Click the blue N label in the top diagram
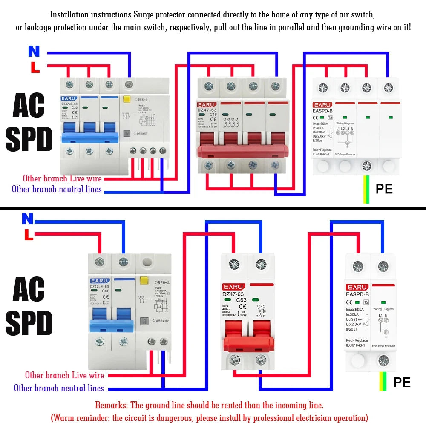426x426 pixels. tap(34, 52)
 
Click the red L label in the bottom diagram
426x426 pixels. tap(29, 235)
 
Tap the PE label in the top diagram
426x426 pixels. tap(384, 189)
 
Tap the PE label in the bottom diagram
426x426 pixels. tap(402, 382)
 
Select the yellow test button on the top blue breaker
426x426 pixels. tap(126, 100)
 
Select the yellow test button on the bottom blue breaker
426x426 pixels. tap(144, 281)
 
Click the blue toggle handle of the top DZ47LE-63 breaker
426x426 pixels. tap(89, 137)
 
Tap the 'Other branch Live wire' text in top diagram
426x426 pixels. tap(62, 178)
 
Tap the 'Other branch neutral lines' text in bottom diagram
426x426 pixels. tap(59, 388)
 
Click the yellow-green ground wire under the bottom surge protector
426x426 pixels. tap(383, 382)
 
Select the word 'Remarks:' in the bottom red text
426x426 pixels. tap(112, 405)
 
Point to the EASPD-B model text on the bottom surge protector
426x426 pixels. tap(357, 295)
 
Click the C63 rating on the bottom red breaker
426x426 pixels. tap(242, 300)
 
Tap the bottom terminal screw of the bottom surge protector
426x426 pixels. tap(383, 361)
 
